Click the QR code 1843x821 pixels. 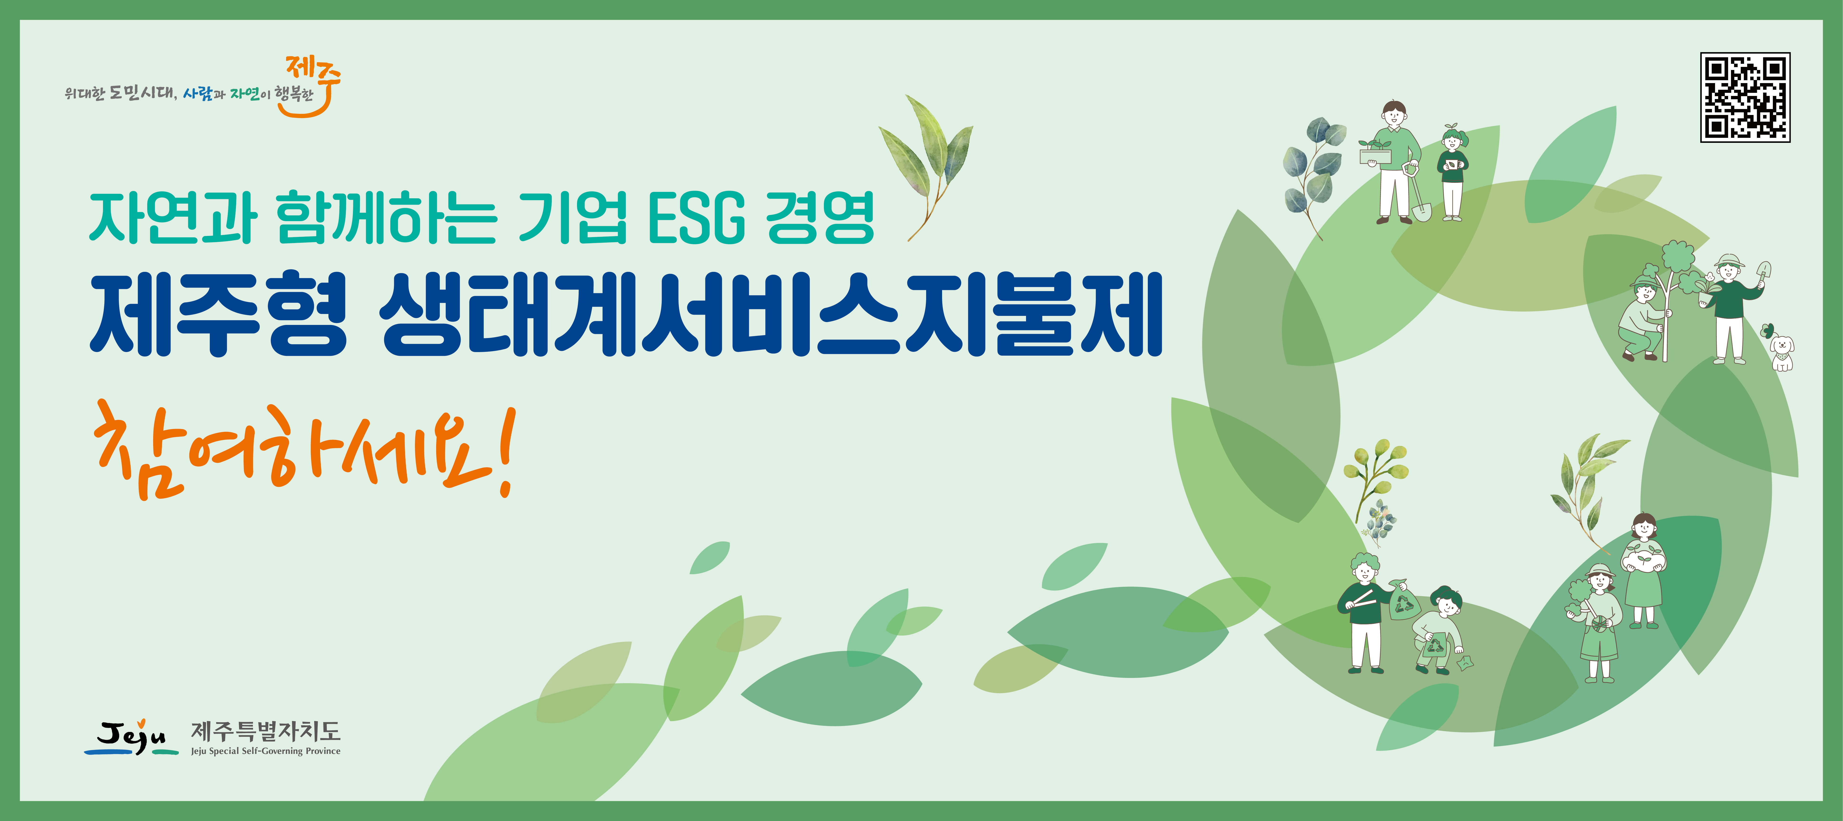1745,97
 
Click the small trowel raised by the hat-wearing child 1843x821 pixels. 1764,273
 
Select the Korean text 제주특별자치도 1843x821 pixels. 265,731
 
